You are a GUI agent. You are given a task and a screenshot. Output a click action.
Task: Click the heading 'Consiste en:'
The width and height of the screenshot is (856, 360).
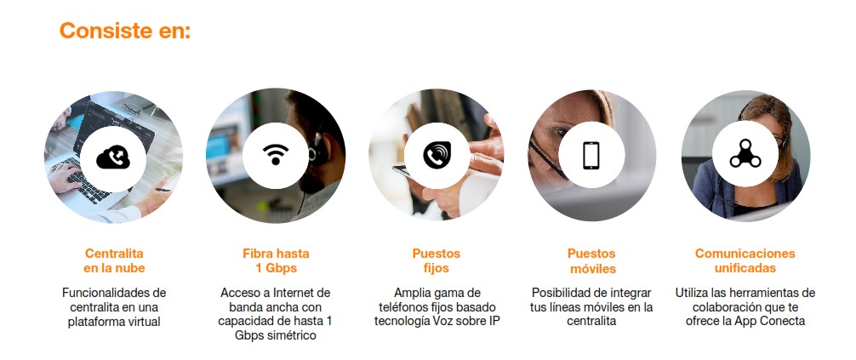pyautogui.click(x=125, y=30)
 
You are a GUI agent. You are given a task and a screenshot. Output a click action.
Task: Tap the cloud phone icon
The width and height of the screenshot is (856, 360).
pyautogui.click(x=113, y=158)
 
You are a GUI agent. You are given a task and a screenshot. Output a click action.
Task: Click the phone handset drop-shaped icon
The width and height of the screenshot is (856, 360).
pyautogui.click(x=437, y=155)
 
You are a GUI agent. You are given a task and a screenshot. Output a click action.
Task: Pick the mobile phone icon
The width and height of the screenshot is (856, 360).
pyautogui.click(x=591, y=156)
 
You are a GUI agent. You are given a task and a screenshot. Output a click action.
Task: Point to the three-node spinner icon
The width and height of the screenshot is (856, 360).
pyautogui.click(x=745, y=154)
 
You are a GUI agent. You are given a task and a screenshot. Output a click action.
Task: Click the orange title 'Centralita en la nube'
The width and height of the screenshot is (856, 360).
pyautogui.click(x=114, y=261)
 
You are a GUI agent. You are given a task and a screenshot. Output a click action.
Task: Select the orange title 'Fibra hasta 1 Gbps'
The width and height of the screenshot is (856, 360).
pyautogui.click(x=276, y=261)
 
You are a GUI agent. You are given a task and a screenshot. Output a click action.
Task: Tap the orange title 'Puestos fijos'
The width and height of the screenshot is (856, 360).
pyautogui.click(x=437, y=261)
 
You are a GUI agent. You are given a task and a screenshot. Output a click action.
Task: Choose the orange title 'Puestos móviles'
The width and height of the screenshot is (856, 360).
pyautogui.click(x=591, y=261)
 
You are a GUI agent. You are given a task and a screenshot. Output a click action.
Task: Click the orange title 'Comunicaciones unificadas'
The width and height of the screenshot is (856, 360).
pyautogui.click(x=745, y=261)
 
